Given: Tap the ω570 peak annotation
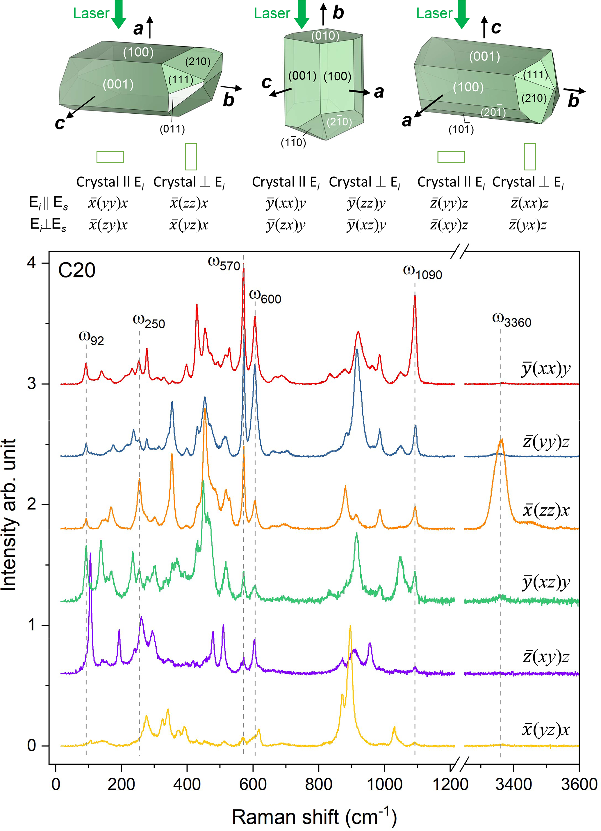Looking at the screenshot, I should click(224, 263).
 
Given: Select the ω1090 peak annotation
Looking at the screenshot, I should click(422, 272).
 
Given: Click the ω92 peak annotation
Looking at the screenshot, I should click(91, 338).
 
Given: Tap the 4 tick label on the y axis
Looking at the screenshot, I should click(32, 263).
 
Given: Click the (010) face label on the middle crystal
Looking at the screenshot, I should click(325, 36).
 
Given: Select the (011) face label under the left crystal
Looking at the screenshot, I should click(172, 129).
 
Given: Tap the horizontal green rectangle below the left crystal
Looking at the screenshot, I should click(110, 156).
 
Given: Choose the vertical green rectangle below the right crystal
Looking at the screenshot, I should click(529, 156).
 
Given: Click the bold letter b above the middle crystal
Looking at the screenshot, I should click(338, 13).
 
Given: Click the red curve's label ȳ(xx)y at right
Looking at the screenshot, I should click(546, 369).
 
